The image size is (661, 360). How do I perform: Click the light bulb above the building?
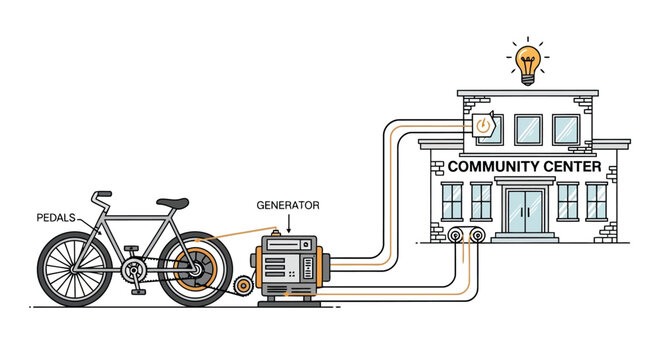point(527,62)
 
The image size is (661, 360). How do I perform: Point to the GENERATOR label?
point(288,205)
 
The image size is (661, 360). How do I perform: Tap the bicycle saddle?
point(173,203)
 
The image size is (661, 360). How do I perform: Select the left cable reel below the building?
point(458,236)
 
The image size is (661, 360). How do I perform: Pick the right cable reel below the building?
point(478,236)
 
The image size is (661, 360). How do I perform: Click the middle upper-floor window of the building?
point(527,129)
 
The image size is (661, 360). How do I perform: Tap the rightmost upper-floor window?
point(566,129)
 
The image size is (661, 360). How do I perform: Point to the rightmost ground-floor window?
point(596,201)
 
